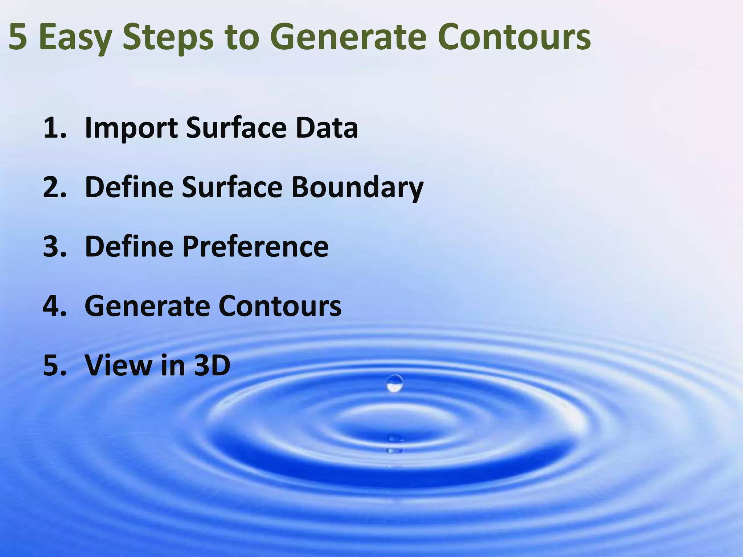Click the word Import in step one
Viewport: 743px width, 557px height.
pyautogui.click(x=131, y=128)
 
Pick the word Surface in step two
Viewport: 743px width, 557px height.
pyautogui.click(x=232, y=187)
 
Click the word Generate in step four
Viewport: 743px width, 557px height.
pyautogui.click(x=147, y=306)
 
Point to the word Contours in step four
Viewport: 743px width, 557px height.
pyautogui.click(x=280, y=306)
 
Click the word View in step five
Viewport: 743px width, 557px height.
pyautogui.click(x=118, y=365)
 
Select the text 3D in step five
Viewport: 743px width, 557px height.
pyautogui.click(x=212, y=365)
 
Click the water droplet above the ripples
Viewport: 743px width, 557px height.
pyautogui.click(x=395, y=384)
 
